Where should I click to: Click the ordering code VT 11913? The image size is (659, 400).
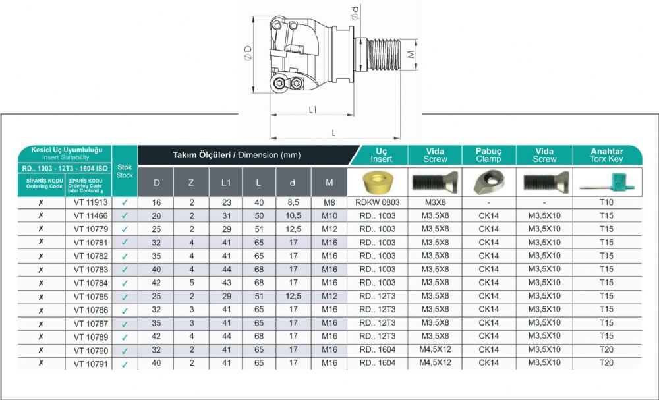click(91, 202)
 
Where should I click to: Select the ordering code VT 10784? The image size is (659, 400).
click(91, 283)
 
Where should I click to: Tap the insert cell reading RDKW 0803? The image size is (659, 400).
click(378, 202)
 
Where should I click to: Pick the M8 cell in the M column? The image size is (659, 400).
click(329, 202)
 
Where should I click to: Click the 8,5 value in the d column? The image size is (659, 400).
click(293, 202)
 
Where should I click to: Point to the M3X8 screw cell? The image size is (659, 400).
click(435, 202)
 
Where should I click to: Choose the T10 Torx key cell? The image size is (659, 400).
click(606, 202)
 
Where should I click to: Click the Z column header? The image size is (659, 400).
click(191, 183)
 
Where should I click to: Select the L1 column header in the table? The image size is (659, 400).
click(226, 183)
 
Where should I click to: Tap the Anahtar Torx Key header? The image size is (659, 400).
click(606, 155)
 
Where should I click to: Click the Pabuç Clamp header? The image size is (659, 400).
click(489, 155)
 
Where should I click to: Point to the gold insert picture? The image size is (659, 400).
click(377, 182)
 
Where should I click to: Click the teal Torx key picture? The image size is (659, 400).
click(608, 183)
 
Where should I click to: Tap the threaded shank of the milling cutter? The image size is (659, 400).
click(384, 55)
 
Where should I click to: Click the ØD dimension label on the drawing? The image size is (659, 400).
click(248, 53)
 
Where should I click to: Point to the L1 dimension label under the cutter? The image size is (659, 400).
click(312, 109)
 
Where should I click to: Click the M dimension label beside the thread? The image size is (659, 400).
click(411, 54)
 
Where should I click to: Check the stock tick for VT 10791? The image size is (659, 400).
click(125, 364)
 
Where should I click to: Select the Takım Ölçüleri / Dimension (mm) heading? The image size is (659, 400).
click(237, 155)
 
